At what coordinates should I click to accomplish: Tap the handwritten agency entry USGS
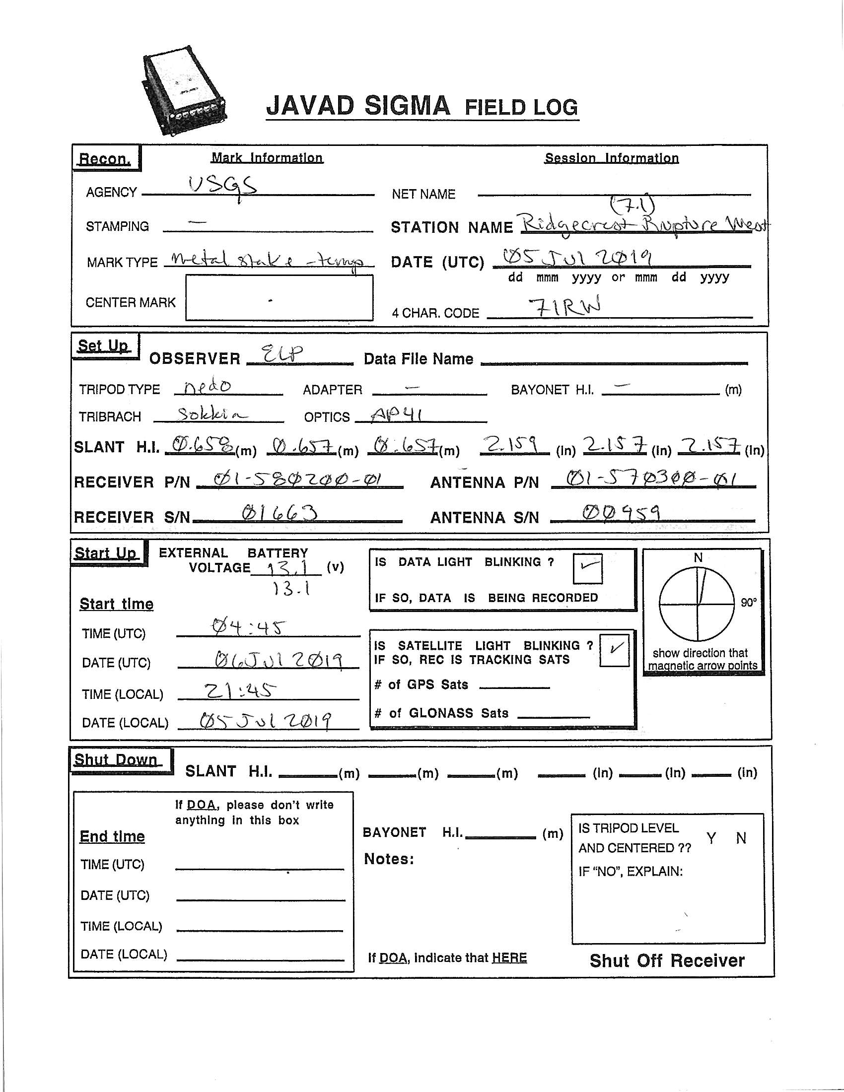coord(223,188)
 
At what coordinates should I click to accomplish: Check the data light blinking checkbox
coord(587,568)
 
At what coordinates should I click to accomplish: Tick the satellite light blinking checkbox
coord(614,650)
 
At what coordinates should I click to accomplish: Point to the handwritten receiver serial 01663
coord(279,514)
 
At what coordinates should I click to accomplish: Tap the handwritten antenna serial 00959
coord(621,513)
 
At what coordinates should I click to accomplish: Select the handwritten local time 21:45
coord(240,690)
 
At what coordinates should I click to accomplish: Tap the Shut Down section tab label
coord(116,760)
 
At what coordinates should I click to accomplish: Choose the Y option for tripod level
coord(710,838)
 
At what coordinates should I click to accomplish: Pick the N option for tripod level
coord(741,838)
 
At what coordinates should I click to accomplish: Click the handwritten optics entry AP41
coord(397,414)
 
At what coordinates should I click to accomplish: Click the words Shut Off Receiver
coord(667,960)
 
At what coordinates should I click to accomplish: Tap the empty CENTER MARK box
coord(279,297)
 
